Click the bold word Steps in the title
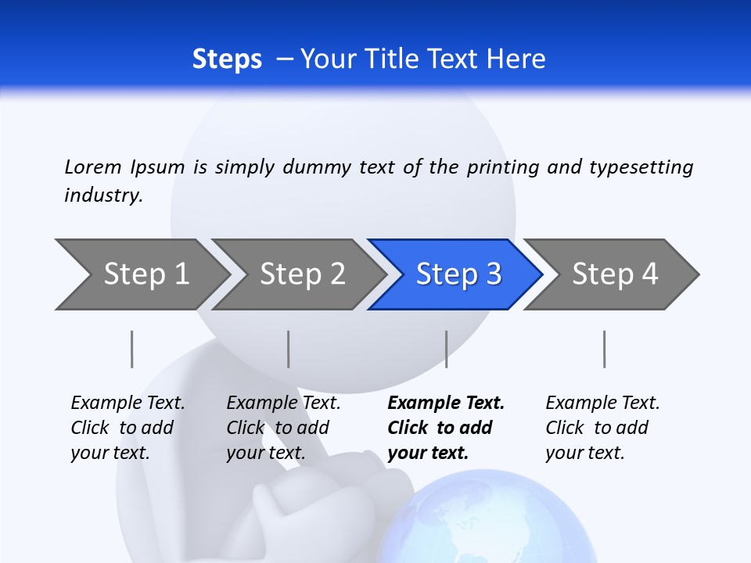(x=227, y=59)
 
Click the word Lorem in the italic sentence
(x=93, y=167)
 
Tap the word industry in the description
(x=103, y=195)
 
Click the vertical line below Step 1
(x=132, y=349)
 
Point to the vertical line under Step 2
(x=289, y=349)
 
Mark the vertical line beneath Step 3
(x=447, y=349)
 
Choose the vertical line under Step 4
(x=604, y=349)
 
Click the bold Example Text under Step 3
(x=446, y=403)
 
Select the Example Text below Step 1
(x=128, y=403)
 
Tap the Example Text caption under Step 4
(x=602, y=403)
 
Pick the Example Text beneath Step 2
(x=283, y=403)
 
